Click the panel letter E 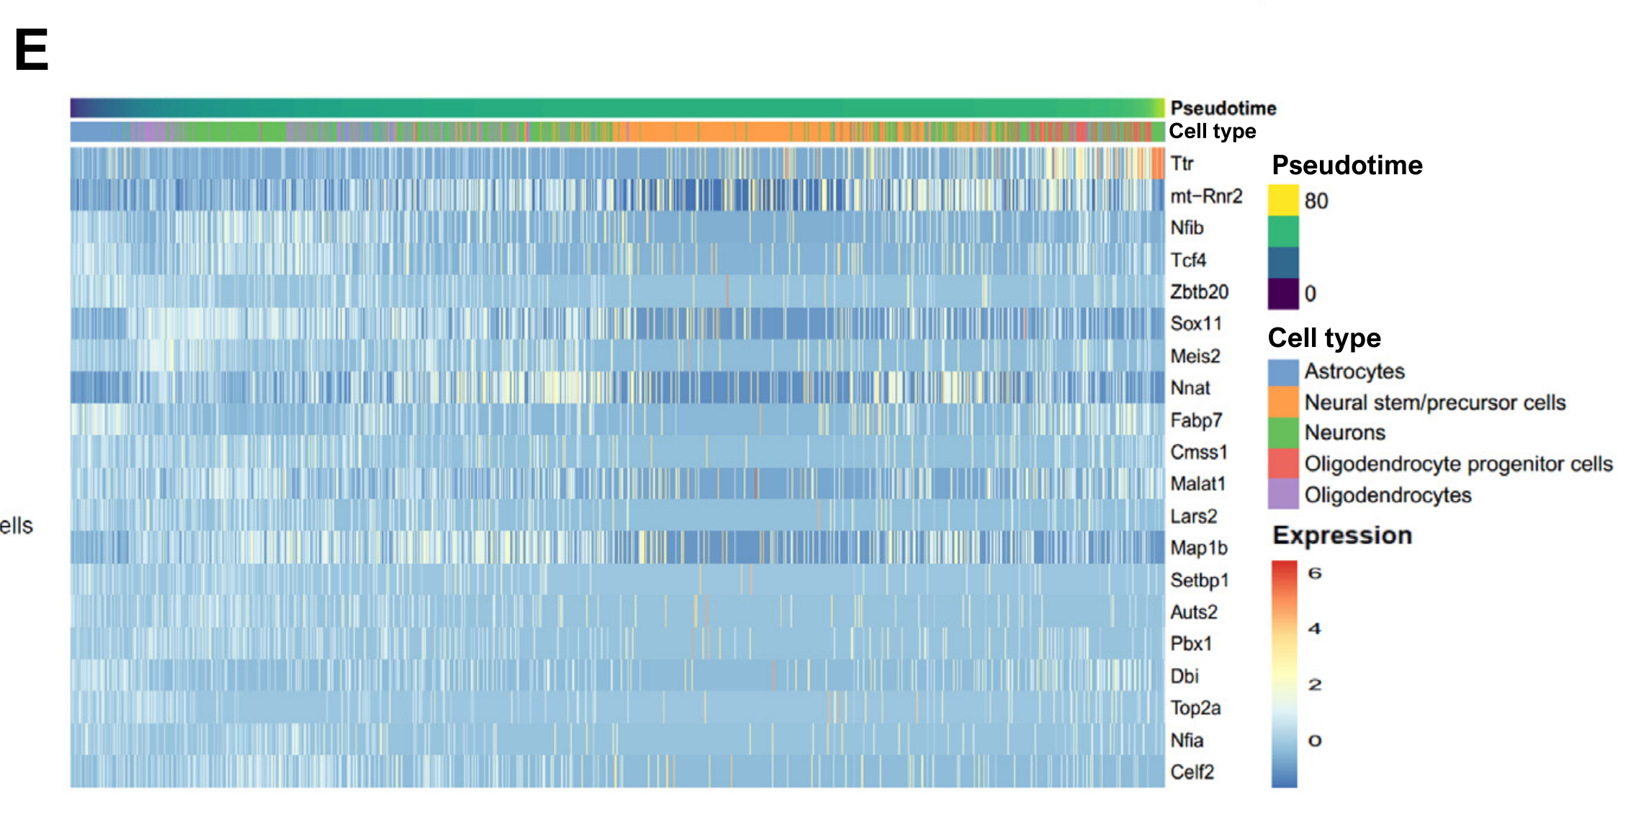pyautogui.click(x=32, y=50)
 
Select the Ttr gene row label pyautogui.click(x=1182, y=164)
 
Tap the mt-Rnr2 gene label pyautogui.click(x=1206, y=197)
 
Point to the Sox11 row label pyautogui.click(x=1196, y=324)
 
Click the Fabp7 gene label pyautogui.click(x=1196, y=420)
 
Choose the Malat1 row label pyautogui.click(x=1197, y=484)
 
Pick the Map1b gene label pyautogui.click(x=1198, y=548)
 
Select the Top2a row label pyautogui.click(x=1195, y=708)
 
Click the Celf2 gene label pyautogui.click(x=1192, y=772)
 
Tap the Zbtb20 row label pyautogui.click(x=1199, y=292)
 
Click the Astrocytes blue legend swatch pyautogui.click(x=1283, y=372)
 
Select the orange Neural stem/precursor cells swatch pyautogui.click(x=1283, y=402)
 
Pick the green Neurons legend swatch pyautogui.click(x=1283, y=433)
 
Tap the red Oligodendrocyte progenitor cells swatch pyautogui.click(x=1283, y=464)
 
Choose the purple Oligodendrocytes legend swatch pyautogui.click(x=1283, y=495)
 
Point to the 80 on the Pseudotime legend pyautogui.click(x=1316, y=201)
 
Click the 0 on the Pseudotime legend pyautogui.click(x=1311, y=294)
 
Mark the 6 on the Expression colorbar pyautogui.click(x=1315, y=574)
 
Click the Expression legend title pyautogui.click(x=1342, y=536)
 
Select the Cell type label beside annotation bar pyautogui.click(x=1212, y=132)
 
